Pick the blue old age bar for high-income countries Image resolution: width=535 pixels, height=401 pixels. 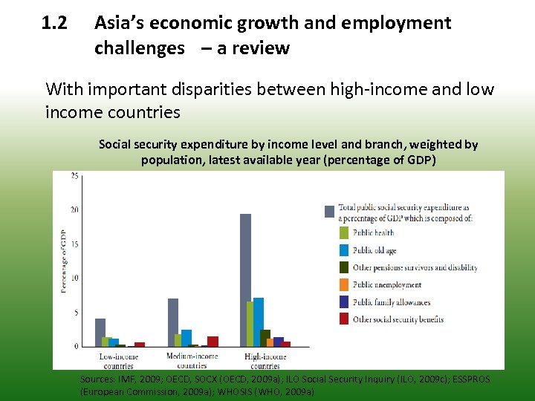[259, 322]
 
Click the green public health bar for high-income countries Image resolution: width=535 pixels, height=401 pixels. [251, 325]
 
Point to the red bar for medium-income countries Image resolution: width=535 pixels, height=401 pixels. [213, 342]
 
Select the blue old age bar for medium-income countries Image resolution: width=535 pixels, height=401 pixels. [187, 338]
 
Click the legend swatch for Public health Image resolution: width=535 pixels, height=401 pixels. [344, 233]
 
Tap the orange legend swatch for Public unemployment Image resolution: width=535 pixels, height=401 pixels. [344, 284]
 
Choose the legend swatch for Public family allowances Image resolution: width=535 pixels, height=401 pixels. [344, 301]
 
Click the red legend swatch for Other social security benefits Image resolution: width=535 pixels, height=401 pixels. [344, 319]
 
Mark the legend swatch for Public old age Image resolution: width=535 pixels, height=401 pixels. [344, 250]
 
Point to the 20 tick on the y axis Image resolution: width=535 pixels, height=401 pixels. [74, 209]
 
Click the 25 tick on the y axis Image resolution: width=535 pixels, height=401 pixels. [74, 176]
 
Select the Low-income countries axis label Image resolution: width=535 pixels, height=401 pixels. [118, 361]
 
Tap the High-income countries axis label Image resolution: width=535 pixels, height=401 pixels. [265, 361]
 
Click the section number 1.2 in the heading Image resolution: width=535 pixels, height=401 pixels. [55, 23]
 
